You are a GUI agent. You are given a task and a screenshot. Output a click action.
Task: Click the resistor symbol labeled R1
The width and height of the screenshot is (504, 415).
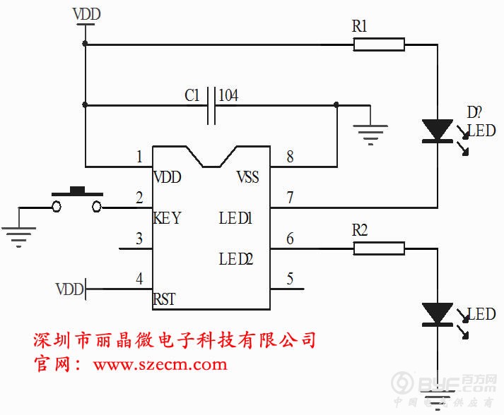click(x=379, y=45)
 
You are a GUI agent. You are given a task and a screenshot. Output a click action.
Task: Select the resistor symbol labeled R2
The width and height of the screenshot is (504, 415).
click(x=379, y=248)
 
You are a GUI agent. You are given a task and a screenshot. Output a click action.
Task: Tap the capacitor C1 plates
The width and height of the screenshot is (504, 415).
click(x=211, y=106)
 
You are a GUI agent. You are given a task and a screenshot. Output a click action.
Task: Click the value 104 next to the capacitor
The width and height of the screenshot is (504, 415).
click(x=228, y=95)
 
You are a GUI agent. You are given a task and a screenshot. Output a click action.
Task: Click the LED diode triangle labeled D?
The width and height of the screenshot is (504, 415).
click(x=437, y=131)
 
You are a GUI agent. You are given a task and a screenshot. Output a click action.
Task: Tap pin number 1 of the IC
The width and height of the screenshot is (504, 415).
click(x=140, y=156)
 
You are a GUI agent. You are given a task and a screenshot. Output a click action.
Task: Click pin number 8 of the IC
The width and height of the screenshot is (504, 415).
click(x=290, y=156)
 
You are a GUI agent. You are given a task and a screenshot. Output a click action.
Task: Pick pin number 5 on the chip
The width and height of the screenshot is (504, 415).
click(x=290, y=278)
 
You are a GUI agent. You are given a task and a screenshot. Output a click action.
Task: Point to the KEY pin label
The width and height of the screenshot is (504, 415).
click(x=168, y=218)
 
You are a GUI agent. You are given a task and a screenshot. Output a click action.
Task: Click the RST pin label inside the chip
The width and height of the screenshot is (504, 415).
click(x=165, y=299)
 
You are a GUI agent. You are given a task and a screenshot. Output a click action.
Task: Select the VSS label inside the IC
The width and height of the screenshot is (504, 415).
click(x=247, y=177)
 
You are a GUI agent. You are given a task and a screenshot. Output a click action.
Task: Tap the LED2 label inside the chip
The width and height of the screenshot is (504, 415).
click(x=236, y=259)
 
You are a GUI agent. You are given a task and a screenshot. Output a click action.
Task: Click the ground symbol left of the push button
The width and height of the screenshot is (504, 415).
click(x=18, y=234)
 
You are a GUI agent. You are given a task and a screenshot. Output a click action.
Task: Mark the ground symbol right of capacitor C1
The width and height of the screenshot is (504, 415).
click(x=370, y=133)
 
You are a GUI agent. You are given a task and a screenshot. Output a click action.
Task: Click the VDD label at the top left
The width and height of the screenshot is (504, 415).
click(x=86, y=13)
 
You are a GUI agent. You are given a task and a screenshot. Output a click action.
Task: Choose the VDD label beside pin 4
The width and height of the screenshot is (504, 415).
click(x=69, y=288)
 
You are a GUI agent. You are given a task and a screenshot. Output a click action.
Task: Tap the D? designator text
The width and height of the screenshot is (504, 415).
click(x=474, y=112)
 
